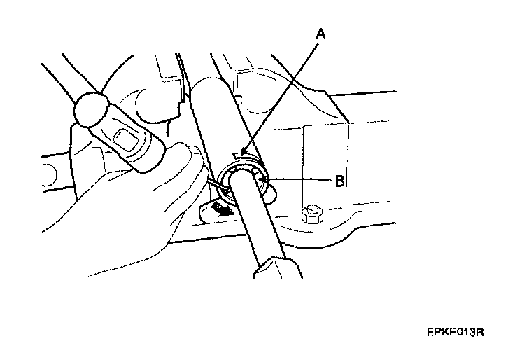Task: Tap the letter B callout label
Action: click(339, 181)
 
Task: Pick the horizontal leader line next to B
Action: click(301, 181)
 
